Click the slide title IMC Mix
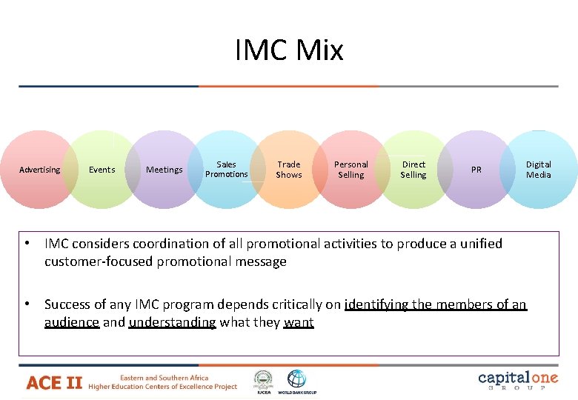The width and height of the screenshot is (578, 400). (x=289, y=50)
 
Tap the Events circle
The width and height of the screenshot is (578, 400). (x=102, y=170)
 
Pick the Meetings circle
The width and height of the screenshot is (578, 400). (x=165, y=170)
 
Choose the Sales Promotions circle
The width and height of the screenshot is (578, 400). (x=227, y=170)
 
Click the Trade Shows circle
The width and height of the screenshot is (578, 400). (x=289, y=170)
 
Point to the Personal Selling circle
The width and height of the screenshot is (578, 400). (x=351, y=170)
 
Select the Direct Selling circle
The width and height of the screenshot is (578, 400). (x=413, y=170)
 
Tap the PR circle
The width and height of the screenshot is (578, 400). (x=476, y=170)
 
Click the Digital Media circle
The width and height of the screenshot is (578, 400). (x=539, y=170)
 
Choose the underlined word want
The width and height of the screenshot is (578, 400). (x=299, y=322)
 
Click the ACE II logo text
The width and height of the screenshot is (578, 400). (x=54, y=382)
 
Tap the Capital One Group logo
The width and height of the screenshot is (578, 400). (x=518, y=380)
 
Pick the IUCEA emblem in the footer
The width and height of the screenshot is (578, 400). (x=263, y=379)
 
